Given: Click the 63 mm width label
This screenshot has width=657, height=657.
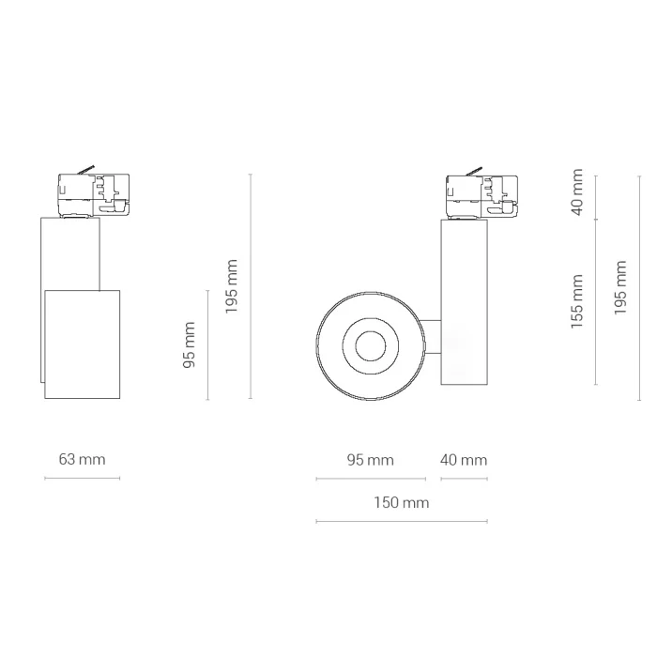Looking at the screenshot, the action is tap(83, 460).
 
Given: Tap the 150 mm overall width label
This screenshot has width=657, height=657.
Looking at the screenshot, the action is tap(402, 502).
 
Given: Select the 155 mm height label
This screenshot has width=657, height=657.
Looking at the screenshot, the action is tap(577, 301).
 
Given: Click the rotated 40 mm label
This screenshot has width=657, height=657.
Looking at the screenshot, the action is tap(577, 192).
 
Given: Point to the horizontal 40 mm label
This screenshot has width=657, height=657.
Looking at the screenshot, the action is tap(464, 461).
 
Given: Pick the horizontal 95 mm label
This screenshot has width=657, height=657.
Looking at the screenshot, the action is tap(371, 461).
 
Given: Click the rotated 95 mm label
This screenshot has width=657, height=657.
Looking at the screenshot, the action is tap(190, 344).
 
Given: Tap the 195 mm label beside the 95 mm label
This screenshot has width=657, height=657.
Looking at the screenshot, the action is tap(232, 286).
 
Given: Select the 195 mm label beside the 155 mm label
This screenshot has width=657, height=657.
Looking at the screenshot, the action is tap(620, 288).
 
